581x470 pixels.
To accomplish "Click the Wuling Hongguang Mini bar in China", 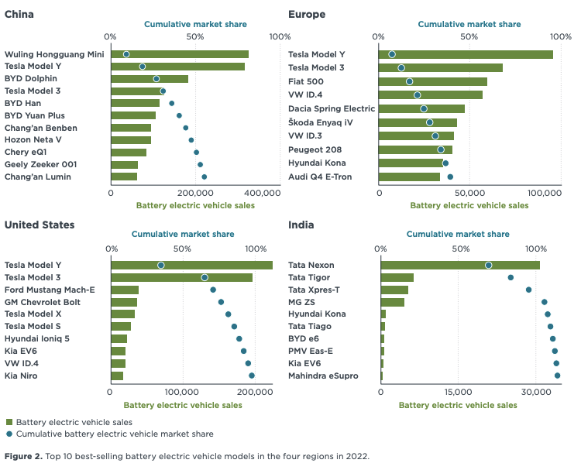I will [180, 54].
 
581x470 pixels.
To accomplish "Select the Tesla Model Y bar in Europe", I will [466, 54].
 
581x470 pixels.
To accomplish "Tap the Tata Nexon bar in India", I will [460, 265].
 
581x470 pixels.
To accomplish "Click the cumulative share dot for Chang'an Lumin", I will [204, 177].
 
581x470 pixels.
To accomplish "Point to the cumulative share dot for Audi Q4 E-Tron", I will [450, 177].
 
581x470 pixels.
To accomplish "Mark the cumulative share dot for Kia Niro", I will [252, 376].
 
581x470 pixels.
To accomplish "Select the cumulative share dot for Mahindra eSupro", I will [558, 376].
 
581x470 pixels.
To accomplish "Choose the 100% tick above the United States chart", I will [255, 249].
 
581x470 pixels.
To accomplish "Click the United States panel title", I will [40, 225].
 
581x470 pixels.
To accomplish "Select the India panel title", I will [301, 225].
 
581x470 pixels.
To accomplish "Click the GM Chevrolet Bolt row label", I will [43, 302].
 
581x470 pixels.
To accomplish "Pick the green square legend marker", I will [9, 422].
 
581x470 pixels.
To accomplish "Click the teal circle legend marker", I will [9, 434].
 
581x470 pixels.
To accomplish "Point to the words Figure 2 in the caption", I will [23, 456].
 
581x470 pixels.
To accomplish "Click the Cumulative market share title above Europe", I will [469, 24].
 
